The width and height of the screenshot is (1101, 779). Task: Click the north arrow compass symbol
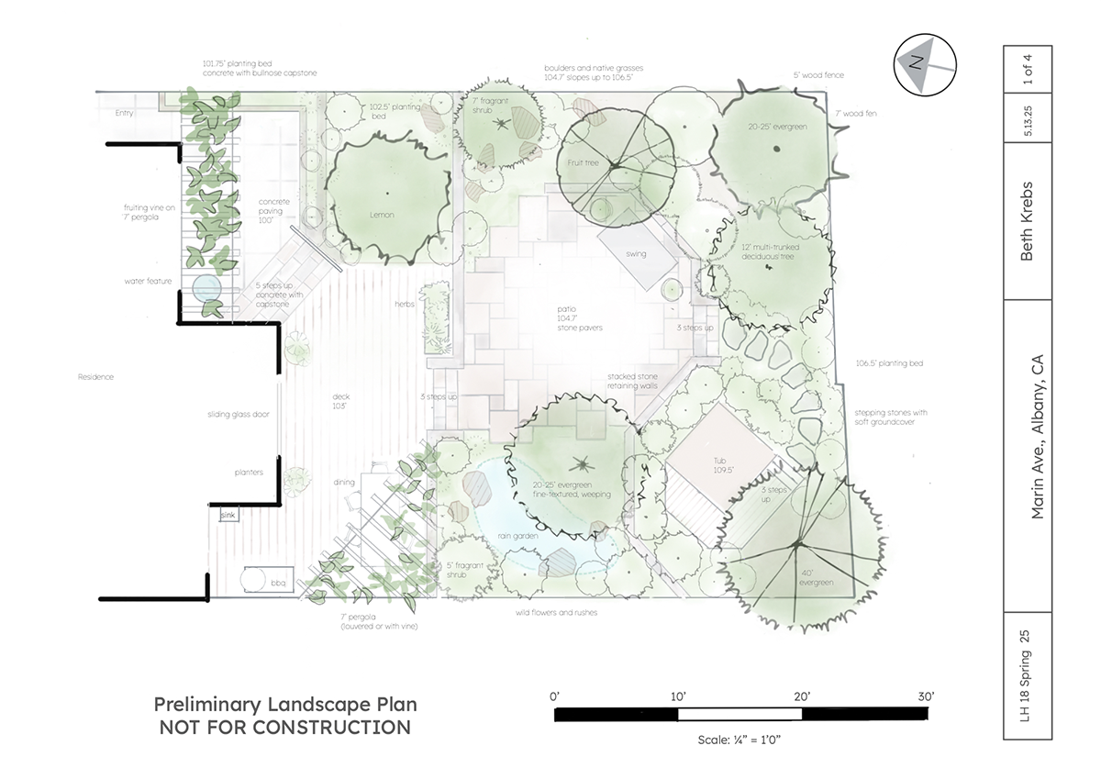(925, 65)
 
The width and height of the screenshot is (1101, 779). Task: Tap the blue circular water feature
(206, 288)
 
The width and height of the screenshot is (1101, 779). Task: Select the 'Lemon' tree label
(382, 215)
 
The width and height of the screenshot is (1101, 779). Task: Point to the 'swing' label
(636, 254)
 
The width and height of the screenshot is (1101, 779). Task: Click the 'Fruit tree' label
(583, 162)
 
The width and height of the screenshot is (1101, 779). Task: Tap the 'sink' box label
(228, 515)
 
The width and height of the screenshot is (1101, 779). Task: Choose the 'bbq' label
(278, 583)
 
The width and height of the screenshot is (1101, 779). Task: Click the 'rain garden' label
(517, 536)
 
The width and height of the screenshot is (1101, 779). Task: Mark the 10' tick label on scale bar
(678, 696)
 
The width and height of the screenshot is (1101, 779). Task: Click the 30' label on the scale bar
(926, 696)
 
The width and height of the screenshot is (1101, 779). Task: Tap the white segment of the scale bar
(740, 714)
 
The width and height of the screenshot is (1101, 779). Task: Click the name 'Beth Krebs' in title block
(1027, 221)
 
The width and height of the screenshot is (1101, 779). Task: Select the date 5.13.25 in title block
(1028, 121)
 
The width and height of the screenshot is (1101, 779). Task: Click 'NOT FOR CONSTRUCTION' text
(285, 728)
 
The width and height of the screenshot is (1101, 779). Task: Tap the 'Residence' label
(95, 377)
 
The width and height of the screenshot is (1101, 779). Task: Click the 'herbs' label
(405, 305)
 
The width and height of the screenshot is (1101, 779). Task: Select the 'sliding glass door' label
(239, 415)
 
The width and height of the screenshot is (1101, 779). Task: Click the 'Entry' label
(125, 113)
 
